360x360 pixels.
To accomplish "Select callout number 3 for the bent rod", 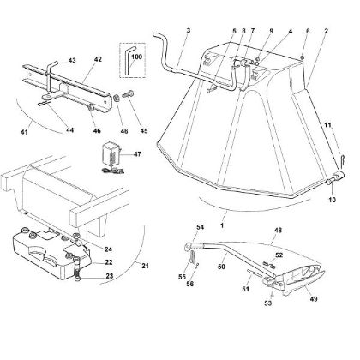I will [187, 31].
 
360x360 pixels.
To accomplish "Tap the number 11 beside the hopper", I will [326, 127].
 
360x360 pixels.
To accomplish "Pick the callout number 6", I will [306, 31].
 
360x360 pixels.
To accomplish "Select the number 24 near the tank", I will [96, 249].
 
